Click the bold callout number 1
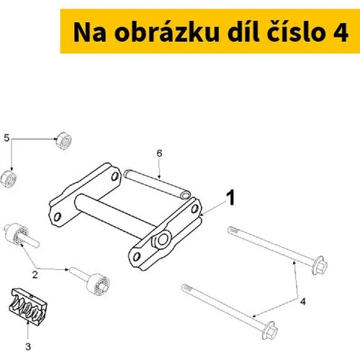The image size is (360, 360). point(231,198)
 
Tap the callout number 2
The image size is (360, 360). point(35,275)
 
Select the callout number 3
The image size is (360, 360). point(28,347)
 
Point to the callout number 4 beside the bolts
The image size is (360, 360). point(303,302)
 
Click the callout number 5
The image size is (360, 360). point(6,138)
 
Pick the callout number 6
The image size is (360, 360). point(159,153)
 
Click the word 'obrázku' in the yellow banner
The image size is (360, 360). point(166,32)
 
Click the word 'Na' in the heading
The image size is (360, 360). point(89,33)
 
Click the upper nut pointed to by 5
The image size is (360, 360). point(64,140)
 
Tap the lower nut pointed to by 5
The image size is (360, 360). point(9,179)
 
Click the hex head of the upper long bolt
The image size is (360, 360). point(320,266)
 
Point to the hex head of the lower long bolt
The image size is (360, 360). point(270,330)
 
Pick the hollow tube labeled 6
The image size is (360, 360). point(158,184)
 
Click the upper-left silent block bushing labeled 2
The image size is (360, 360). point(21,235)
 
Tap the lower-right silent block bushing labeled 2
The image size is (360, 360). point(91,281)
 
